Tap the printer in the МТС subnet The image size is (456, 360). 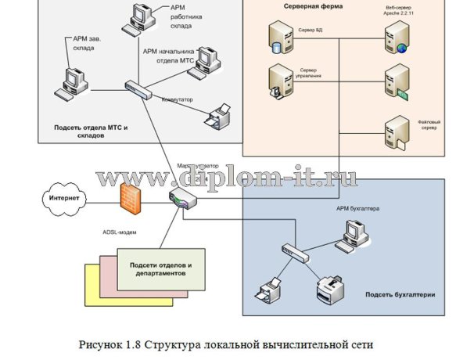click(218, 115)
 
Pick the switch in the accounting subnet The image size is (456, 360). click(293, 250)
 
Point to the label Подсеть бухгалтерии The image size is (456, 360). click(397, 295)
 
